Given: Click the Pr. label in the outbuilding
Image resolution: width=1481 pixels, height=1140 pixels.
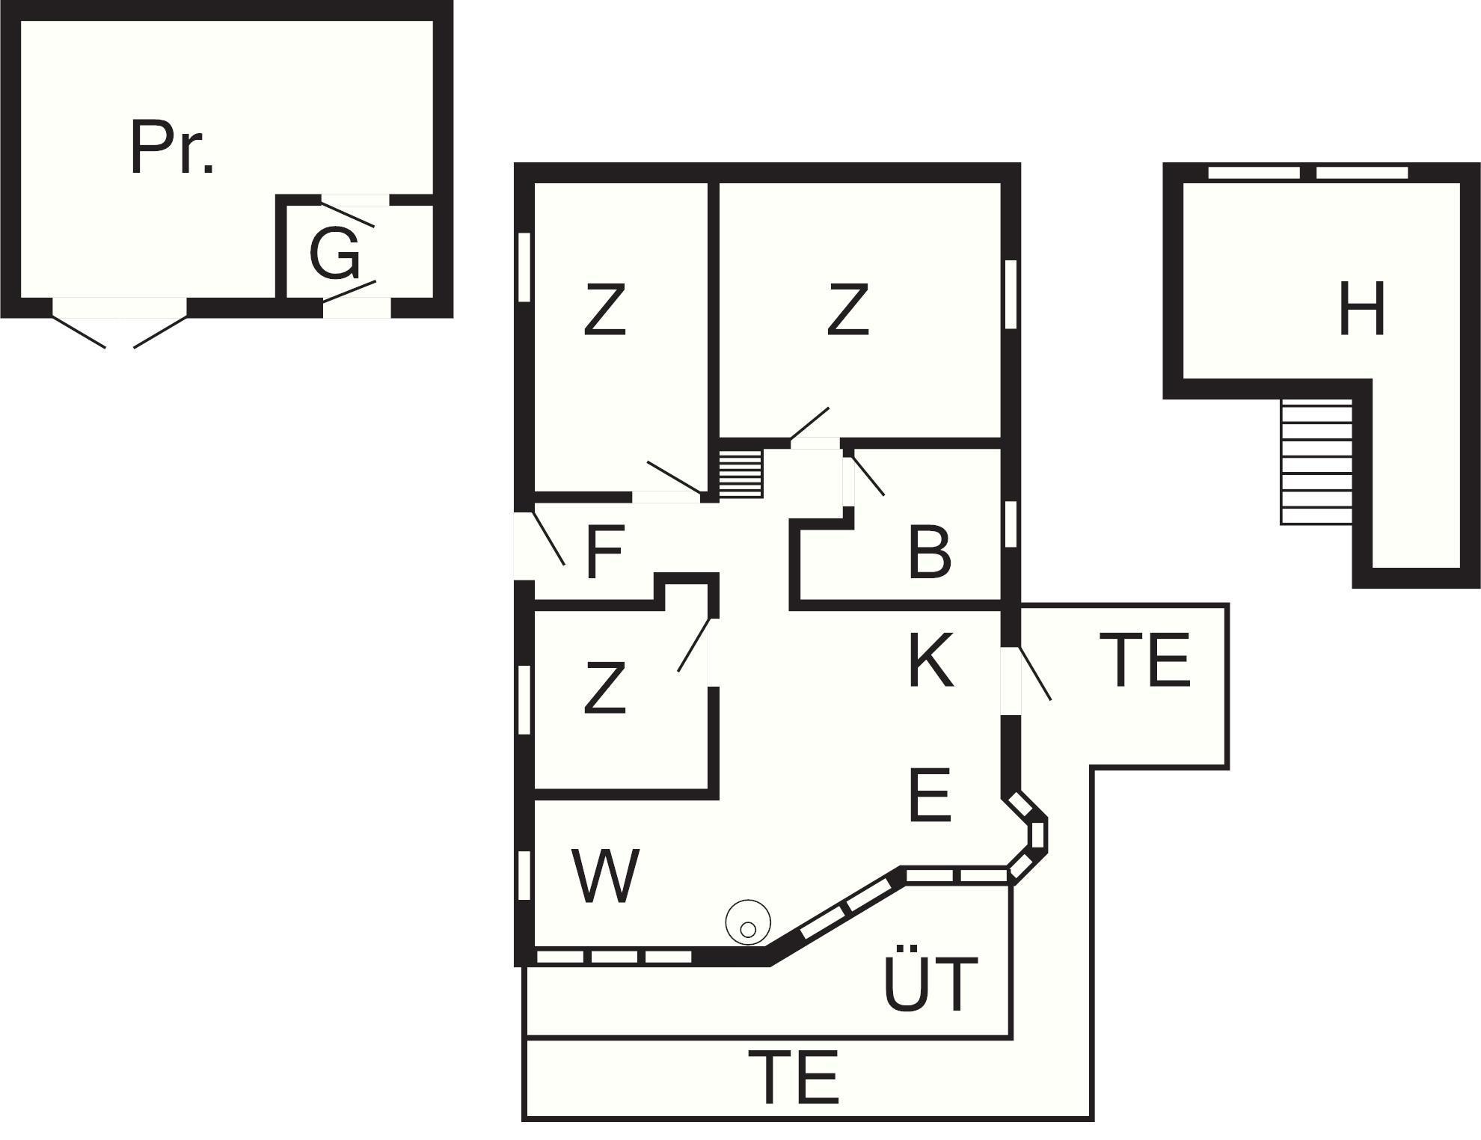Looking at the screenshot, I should tap(172, 148).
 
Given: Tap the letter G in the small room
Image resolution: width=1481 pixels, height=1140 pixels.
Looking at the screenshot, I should tap(334, 254).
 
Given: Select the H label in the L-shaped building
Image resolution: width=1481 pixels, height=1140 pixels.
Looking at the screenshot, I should tap(1361, 309).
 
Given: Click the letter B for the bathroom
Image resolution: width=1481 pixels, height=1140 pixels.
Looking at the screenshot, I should tap(930, 554).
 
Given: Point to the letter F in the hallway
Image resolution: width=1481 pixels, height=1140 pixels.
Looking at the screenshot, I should tap(604, 553).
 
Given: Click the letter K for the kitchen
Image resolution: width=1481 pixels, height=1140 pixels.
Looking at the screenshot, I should tap(931, 660).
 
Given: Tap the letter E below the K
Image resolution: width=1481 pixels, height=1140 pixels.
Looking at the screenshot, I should tap(930, 794).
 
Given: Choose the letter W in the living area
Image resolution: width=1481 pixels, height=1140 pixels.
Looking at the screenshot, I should tap(605, 875).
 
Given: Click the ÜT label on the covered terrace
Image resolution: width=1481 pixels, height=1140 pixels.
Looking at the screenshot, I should tap(930, 984).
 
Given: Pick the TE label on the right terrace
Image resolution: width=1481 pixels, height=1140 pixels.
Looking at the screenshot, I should tap(1144, 660).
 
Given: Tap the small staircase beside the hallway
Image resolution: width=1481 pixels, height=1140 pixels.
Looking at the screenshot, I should tap(741, 474).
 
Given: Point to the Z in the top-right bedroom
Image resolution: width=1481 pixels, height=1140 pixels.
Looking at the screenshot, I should tap(848, 309).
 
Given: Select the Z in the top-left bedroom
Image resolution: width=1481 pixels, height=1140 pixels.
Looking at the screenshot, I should tap(604, 309).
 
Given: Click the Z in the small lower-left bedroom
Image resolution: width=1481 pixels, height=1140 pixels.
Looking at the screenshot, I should tap(604, 687).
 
